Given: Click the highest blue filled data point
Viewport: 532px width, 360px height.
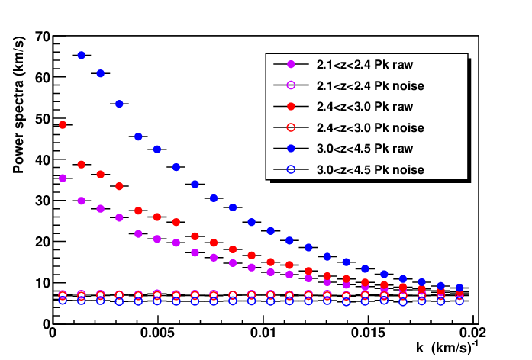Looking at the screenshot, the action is [82, 55].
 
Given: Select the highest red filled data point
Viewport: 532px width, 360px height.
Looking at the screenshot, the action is [63, 125].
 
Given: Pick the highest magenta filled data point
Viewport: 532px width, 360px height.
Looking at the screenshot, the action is [63, 178].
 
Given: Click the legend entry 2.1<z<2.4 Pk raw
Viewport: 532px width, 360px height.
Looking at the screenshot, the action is [365, 64].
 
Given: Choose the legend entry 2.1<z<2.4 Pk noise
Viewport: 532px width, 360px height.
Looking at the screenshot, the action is [370, 85].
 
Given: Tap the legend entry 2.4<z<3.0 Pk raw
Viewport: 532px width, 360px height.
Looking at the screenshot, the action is [365, 107].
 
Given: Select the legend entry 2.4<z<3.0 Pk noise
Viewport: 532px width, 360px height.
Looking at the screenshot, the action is [370, 128].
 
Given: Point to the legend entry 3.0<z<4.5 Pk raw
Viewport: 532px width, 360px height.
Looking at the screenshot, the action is [365, 149].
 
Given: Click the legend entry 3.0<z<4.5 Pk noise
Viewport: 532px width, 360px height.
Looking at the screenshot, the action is [370, 169].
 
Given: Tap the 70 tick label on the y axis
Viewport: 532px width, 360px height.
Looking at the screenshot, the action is [43, 36].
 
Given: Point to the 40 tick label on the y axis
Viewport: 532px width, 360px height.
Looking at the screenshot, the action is [43, 159].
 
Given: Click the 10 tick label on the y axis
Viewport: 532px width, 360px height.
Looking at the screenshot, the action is [43, 283].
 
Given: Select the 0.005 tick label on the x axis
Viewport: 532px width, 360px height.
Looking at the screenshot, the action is [157, 333].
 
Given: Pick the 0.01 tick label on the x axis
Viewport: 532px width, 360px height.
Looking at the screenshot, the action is [263, 333].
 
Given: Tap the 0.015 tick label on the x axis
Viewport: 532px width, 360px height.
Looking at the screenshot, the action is [368, 333].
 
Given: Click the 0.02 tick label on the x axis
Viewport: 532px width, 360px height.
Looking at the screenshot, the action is [472, 333].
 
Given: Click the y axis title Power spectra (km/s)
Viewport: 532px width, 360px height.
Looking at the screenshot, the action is [18, 104].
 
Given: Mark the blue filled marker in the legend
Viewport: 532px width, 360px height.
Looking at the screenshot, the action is [291, 149].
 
